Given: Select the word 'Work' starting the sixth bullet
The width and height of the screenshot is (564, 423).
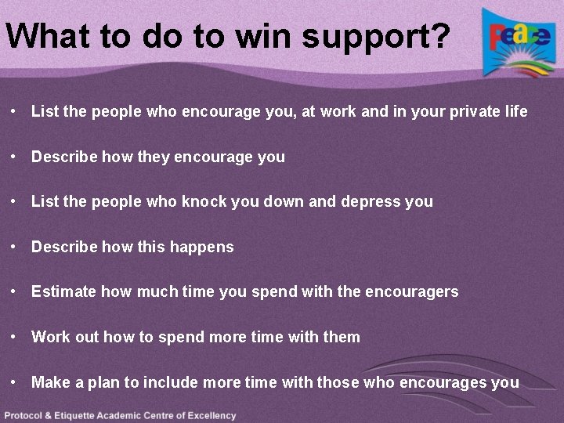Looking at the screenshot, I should pyautogui.click(x=50, y=337).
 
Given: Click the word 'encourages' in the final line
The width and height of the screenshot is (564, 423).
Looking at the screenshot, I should pyautogui.click(x=443, y=383).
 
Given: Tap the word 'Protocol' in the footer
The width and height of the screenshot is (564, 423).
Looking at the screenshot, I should pyautogui.click(x=25, y=415).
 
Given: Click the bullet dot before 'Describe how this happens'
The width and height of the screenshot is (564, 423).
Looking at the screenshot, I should pyautogui.click(x=15, y=247).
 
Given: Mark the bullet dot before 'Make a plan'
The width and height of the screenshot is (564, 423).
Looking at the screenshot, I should pyautogui.click(x=15, y=381).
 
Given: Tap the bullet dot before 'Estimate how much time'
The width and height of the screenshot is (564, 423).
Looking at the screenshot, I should pyautogui.click(x=15, y=291).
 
